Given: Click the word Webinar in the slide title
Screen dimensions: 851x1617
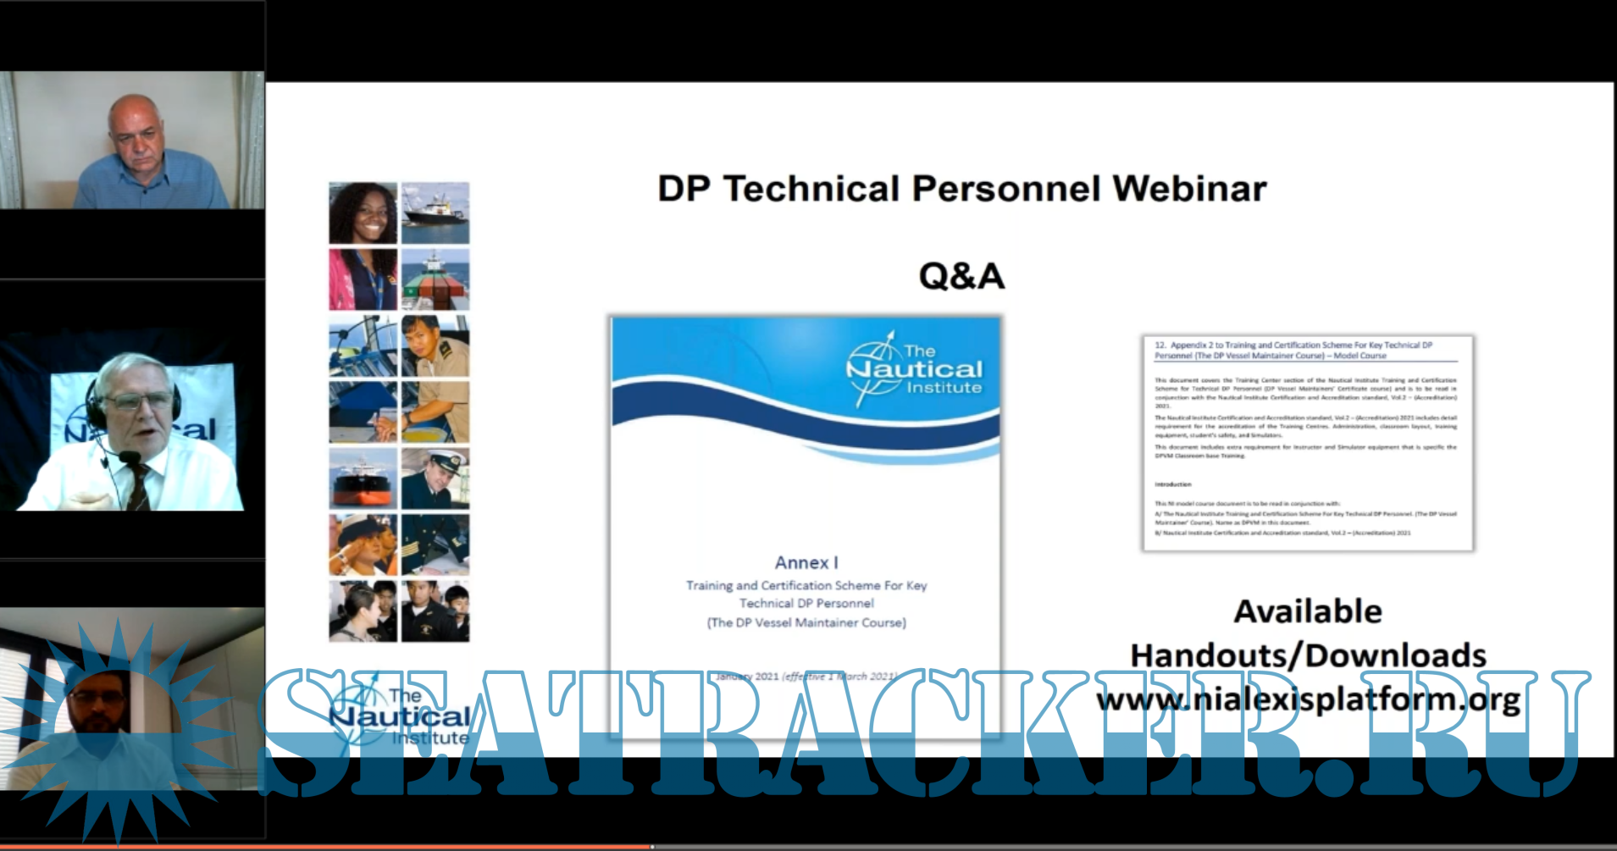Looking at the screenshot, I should tap(1190, 189).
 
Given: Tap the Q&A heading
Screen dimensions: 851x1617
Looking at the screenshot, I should tap(961, 276).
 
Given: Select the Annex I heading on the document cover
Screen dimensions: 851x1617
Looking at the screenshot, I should tap(806, 562).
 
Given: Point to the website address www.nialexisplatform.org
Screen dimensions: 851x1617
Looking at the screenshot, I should tap(1308, 700).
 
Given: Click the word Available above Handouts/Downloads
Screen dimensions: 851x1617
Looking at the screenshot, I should tap(1308, 611).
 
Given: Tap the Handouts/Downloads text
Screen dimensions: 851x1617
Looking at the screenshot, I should tap(1308, 655).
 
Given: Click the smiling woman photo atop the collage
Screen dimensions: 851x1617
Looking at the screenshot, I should tap(363, 213).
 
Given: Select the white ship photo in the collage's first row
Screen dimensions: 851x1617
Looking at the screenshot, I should tap(435, 213).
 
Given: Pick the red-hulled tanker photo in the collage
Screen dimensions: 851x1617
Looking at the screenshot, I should tap(363, 478).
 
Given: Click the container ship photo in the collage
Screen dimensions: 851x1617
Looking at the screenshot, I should tap(435, 279).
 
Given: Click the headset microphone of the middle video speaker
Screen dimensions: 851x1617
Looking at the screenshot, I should tap(130, 457).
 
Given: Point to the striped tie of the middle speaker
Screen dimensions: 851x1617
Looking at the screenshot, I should tap(137, 484).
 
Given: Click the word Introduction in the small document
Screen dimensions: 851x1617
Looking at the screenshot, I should tap(1173, 484).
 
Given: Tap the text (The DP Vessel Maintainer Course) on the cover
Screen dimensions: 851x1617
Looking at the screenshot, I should tap(806, 622).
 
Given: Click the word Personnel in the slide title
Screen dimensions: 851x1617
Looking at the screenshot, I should tap(1006, 189).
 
